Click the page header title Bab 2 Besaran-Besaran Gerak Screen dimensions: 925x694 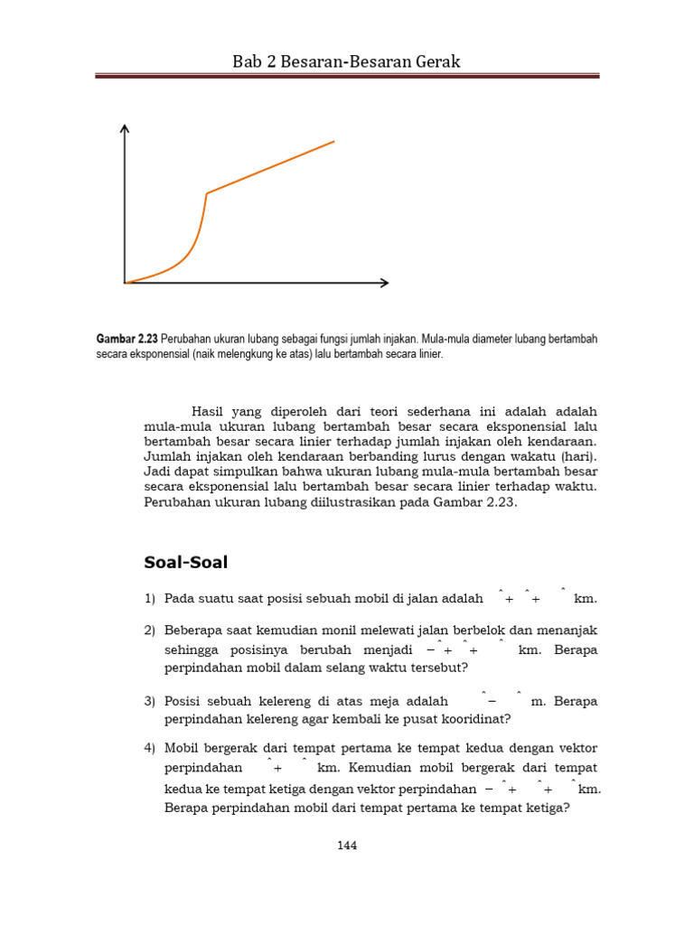click(347, 61)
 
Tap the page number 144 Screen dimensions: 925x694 click(347, 846)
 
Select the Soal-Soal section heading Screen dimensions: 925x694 click(186, 563)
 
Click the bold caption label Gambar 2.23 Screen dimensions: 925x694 click(127, 338)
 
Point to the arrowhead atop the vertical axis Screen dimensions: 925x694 click(125, 129)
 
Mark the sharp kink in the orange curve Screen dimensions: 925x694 click(207, 193)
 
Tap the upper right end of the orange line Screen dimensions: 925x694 click(333, 141)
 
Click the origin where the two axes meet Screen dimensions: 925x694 click(125, 283)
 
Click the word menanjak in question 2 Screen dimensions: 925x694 click(568, 630)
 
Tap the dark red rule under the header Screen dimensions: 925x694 click(347, 77)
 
